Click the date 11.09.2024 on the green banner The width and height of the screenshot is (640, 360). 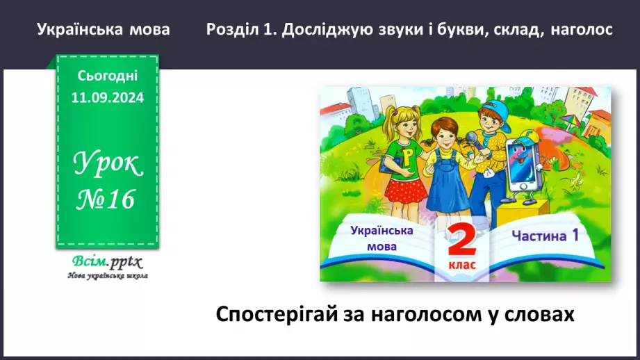click(x=107, y=98)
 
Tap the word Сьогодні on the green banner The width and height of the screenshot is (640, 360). click(x=107, y=76)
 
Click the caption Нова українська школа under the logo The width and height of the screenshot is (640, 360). click(x=107, y=275)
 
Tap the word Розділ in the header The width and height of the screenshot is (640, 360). click(x=233, y=30)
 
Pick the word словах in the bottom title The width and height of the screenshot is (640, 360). click(x=541, y=314)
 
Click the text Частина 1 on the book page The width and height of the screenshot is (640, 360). click(x=545, y=236)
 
